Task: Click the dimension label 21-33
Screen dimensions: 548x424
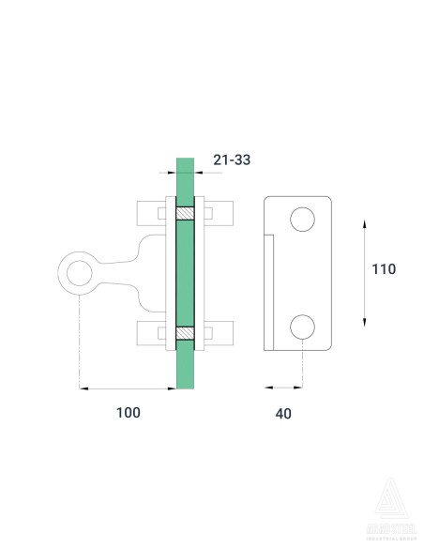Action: pyautogui.click(x=232, y=160)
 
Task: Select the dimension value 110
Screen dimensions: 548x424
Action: pyautogui.click(x=384, y=268)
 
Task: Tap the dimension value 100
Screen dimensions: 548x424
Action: pyautogui.click(x=128, y=413)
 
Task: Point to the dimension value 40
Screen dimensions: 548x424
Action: pyautogui.click(x=284, y=413)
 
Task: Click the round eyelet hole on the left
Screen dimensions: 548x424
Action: pyautogui.click(x=79, y=273)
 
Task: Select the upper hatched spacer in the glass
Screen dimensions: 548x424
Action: pyautogui.click(x=186, y=213)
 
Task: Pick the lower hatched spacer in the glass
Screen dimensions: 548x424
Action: pyautogui.click(x=186, y=333)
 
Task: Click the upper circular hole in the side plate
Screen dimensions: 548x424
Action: pyautogui.click(x=302, y=220)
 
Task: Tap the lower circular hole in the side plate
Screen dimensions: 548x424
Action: pyautogui.click(x=302, y=327)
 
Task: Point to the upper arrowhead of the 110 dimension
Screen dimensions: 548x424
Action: pyautogui.click(x=364, y=220)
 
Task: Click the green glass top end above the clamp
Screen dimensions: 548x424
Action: pyautogui.click(x=186, y=178)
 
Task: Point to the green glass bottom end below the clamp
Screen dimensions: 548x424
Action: pyautogui.click(x=186, y=371)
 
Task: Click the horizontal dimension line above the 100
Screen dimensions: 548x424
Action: pyautogui.click(x=128, y=387)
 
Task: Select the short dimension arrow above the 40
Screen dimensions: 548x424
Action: pyautogui.click(x=284, y=387)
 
